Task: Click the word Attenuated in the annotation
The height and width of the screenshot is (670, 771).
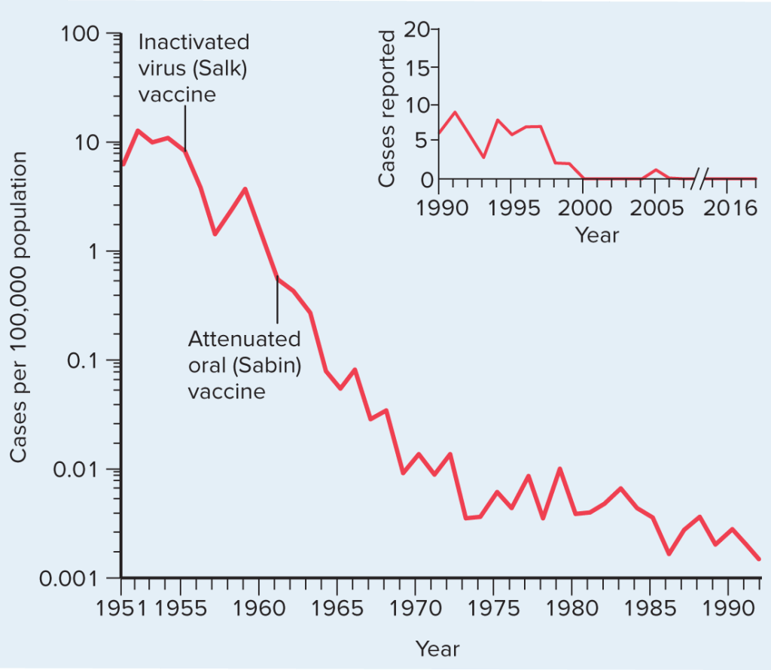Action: coord(244,339)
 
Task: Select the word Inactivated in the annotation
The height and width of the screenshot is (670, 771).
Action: coord(194,41)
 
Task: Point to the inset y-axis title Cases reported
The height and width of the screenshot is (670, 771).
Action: coord(387,109)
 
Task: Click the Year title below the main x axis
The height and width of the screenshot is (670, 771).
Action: coord(437,648)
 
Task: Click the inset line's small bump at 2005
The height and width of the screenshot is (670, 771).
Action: coord(656,171)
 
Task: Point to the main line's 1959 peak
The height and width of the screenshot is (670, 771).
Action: coord(245,188)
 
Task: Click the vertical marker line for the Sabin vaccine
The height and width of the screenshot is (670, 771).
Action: coord(277,299)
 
